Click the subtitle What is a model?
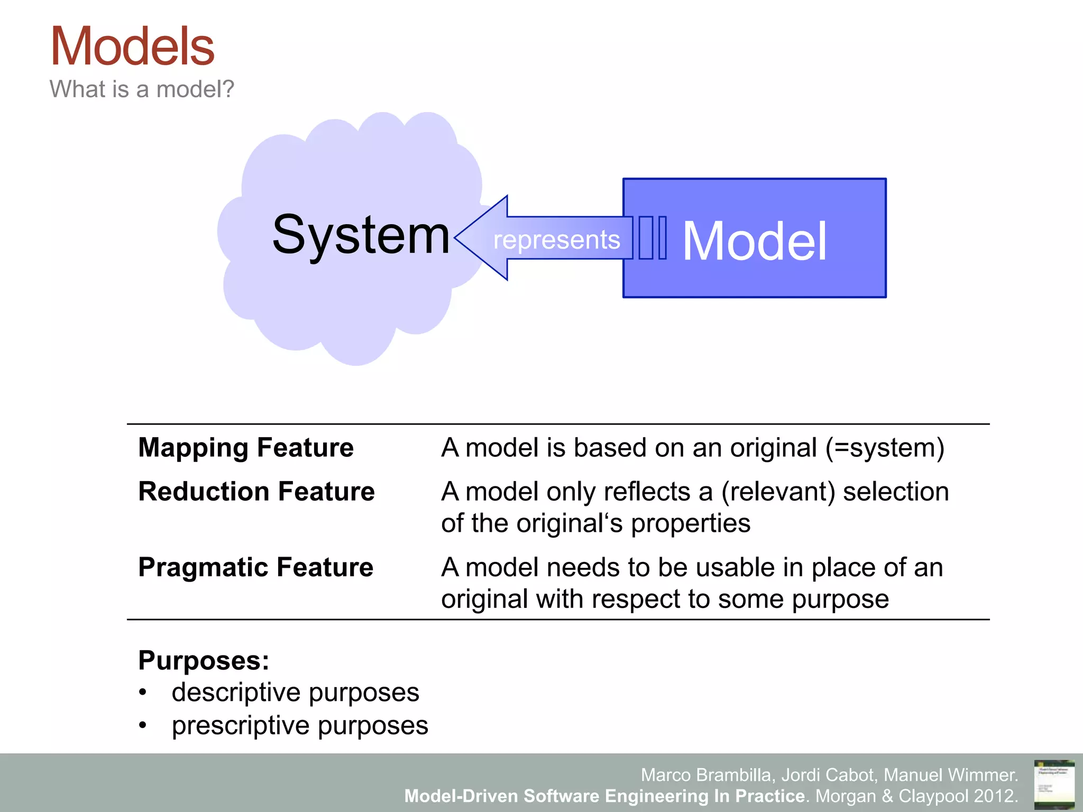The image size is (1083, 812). pyautogui.click(x=142, y=89)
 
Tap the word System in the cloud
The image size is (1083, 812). pyautogui.click(x=361, y=235)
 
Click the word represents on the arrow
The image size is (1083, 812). pyautogui.click(x=556, y=240)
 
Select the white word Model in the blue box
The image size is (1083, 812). pyautogui.click(x=754, y=242)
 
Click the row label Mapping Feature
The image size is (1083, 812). pyautogui.click(x=246, y=448)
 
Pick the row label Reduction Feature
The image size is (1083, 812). pyautogui.click(x=256, y=492)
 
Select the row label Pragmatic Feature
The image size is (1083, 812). pyautogui.click(x=255, y=567)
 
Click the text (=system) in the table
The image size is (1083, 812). pyautogui.click(x=885, y=448)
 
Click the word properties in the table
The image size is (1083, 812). pyautogui.click(x=690, y=523)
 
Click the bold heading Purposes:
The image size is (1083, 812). pyautogui.click(x=204, y=660)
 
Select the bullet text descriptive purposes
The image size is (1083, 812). pyautogui.click(x=295, y=693)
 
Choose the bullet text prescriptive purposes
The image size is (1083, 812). pyautogui.click(x=300, y=725)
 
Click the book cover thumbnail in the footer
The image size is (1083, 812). pyautogui.click(x=1054, y=784)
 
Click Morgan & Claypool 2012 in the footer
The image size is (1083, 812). pyautogui.click(x=915, y=796)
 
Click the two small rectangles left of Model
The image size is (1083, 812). pyautogui.click(x=653, y=238)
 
